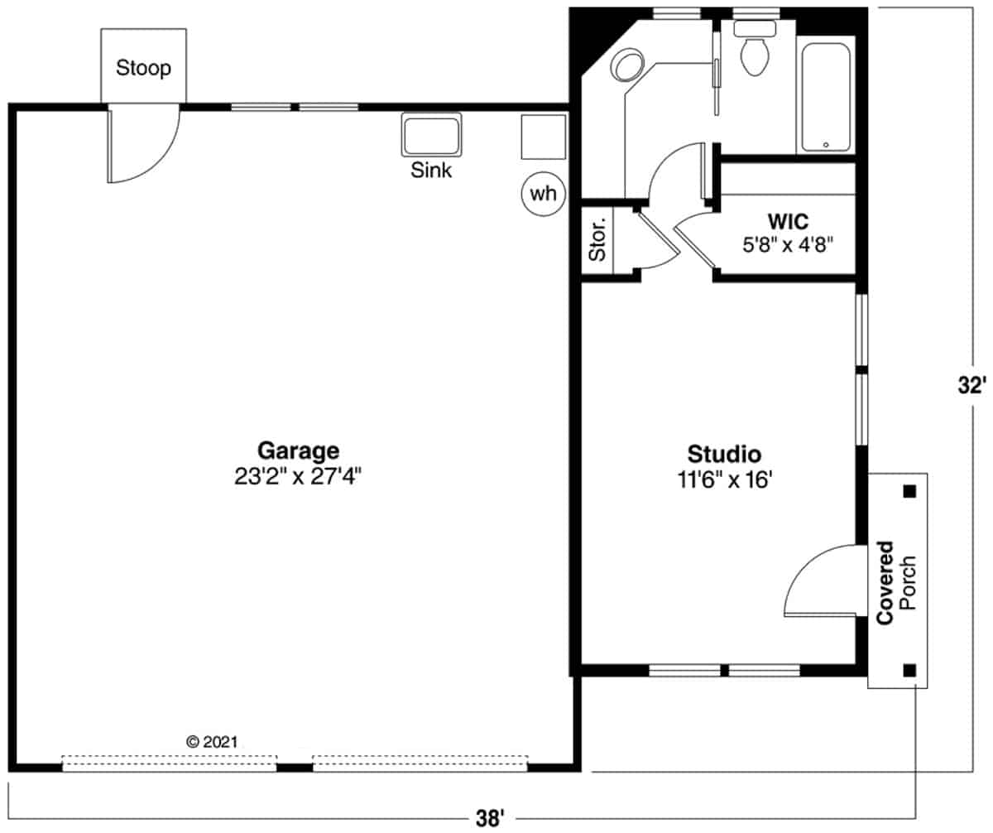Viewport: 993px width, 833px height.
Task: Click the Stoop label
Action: pos(144,68)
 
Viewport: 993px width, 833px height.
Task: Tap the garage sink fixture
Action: pos(431,135)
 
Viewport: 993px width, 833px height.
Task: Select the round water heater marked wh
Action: pos(543,194)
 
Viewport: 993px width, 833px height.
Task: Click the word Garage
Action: pos(298,450)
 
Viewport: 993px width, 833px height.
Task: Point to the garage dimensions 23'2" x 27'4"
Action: pos(298,476)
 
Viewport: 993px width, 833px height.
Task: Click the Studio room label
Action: pos(724,454)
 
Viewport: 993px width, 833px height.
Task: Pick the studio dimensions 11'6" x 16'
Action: pos(724,479)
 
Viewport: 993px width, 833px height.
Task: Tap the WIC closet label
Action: pos(788,221)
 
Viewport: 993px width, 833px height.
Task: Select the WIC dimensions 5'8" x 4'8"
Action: pos(788,245)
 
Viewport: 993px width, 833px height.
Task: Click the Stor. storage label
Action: pos(597,239)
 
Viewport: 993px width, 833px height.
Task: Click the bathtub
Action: pos(826,98)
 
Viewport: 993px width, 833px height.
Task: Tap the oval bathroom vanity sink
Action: pos(626,65)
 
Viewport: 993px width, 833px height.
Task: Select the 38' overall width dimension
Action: pos(489,819)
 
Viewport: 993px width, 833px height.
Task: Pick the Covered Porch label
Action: pos(896,583)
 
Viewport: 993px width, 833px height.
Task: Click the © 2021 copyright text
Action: pos(212,742)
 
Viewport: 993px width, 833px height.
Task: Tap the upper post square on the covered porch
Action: pos(909,491)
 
